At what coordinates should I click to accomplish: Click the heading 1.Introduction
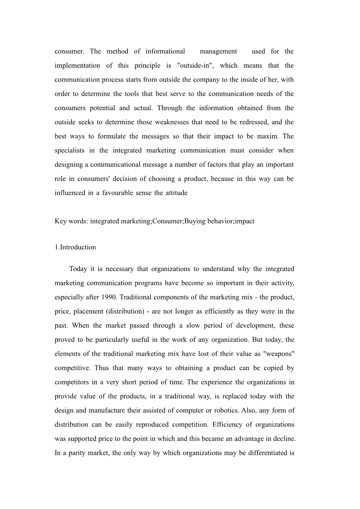tap(75, 247)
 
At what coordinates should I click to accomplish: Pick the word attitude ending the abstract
tap(176, 193)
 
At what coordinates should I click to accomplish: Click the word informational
tap(165, 51)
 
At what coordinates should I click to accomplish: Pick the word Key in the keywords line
tap(60, 221)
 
